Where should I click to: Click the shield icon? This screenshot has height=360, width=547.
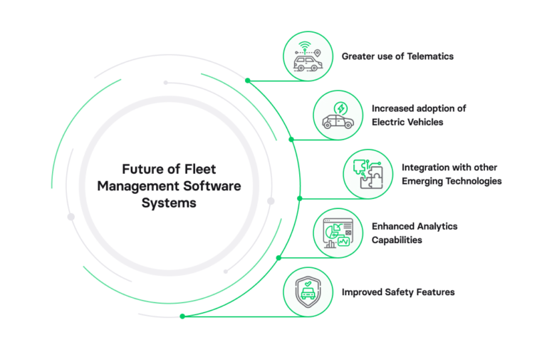[308, 292]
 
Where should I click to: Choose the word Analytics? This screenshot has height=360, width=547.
[435, 227]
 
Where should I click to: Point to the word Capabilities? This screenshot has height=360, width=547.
[397, 240]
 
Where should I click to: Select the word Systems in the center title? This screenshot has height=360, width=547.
[169, 202]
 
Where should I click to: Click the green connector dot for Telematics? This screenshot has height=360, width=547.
[247, 81]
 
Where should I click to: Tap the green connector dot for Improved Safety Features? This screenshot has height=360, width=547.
[183, 316]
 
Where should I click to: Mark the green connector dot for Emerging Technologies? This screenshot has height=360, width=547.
[300, 198]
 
